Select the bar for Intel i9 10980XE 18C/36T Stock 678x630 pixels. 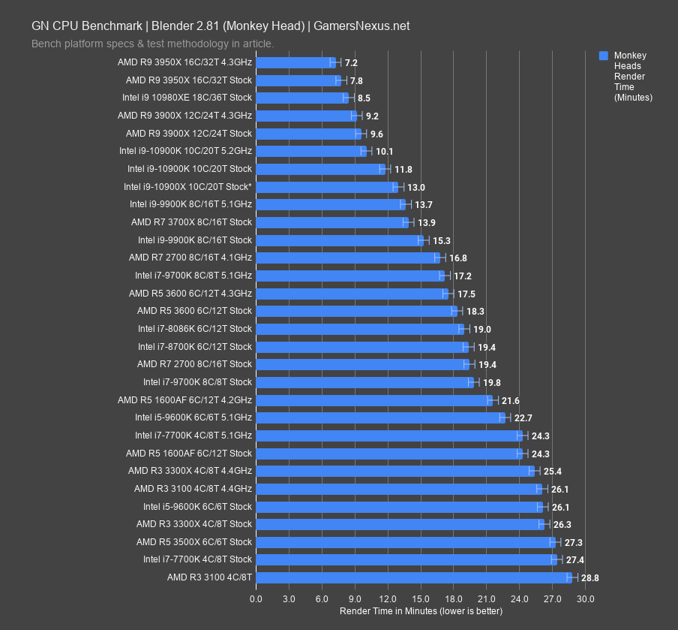pos(302,98)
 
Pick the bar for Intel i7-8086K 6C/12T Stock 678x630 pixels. pos(360,329)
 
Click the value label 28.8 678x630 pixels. pos(590,578)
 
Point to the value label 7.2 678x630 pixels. pos(351,63)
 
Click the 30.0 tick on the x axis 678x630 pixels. pos(586,598)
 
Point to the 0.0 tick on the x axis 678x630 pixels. pos(256,598)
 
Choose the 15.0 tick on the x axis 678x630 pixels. pos(421,598)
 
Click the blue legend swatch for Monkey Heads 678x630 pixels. pos(604,56)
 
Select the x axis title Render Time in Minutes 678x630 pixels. pos(421,611)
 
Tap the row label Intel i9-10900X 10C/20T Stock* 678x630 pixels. pos(187,187)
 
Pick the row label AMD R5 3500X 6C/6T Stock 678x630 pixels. pos(194,542)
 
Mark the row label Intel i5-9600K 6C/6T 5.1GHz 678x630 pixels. pos(193,417)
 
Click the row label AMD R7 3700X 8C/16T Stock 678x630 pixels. pos(191,222)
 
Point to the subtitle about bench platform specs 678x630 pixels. pos(152,44)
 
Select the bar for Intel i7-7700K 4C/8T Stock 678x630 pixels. pos(406,559)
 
